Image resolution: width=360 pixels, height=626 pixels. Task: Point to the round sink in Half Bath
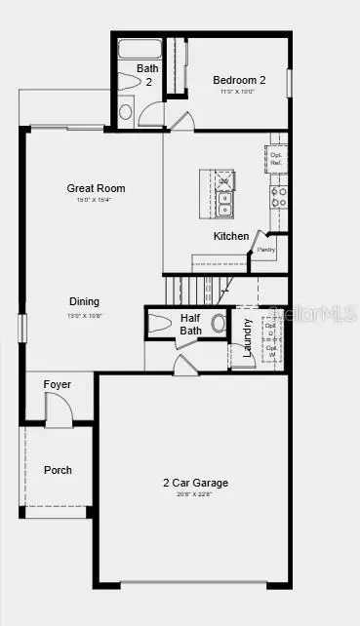220,323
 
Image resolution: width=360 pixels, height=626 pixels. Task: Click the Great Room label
96,188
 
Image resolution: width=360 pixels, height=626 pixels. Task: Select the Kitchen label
231,236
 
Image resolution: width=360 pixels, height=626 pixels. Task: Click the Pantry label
266,250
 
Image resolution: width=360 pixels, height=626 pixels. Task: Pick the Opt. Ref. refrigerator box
277,159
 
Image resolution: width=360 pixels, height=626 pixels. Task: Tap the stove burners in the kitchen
279,198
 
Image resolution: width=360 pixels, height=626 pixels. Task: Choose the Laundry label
248,336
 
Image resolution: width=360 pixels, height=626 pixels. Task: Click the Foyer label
58,385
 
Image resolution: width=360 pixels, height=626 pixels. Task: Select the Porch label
58,470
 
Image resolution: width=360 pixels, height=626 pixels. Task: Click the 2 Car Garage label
195,483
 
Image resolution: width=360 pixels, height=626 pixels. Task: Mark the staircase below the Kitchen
195,289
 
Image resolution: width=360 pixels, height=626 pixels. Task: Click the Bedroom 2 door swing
179,120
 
